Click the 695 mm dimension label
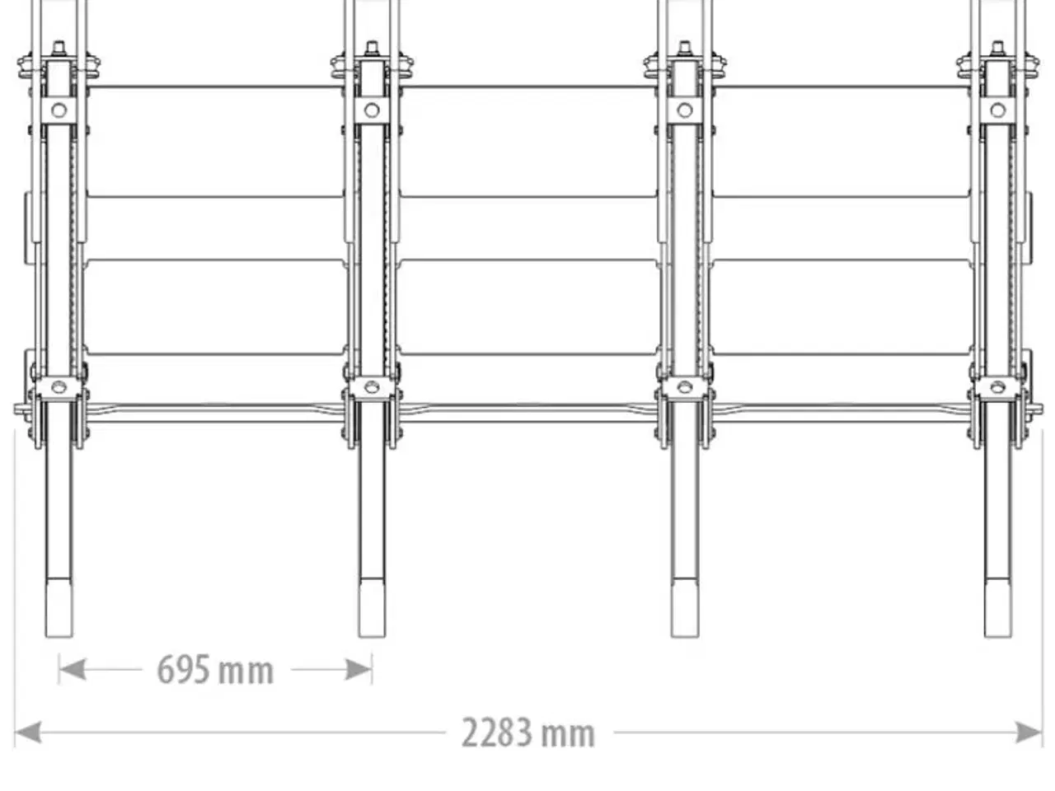pos(215,670)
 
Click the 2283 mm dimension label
pos(527,732)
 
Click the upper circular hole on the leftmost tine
pos(59,110)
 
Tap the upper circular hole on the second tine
pos(372,110)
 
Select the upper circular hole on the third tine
pos(684,110)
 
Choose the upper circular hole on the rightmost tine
pos(997,110)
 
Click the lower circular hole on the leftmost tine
pos(59,386)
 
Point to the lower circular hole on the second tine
pos(372,386)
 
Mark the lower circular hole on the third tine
pos(684,386)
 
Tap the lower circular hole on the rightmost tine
pos(997,386)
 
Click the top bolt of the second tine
pos(372,48)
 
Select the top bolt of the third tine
pos(684,48)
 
